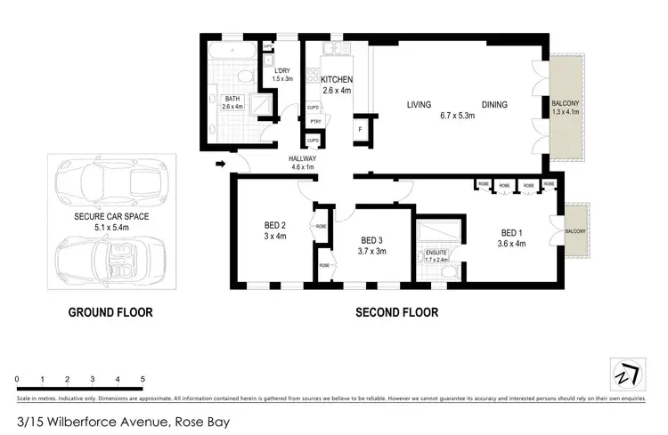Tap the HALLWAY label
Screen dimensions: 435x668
point(303,158)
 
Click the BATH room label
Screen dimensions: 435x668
point(232,99)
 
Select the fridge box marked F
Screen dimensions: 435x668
point(360,129)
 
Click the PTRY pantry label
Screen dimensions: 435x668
point(314,123)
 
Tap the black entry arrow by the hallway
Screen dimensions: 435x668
point(220,163)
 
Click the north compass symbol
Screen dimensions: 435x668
point(627,374)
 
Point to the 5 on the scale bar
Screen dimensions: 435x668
point(143,380)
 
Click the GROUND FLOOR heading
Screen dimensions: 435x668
point(111,312)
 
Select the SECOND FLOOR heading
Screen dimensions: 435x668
point(396,312)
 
